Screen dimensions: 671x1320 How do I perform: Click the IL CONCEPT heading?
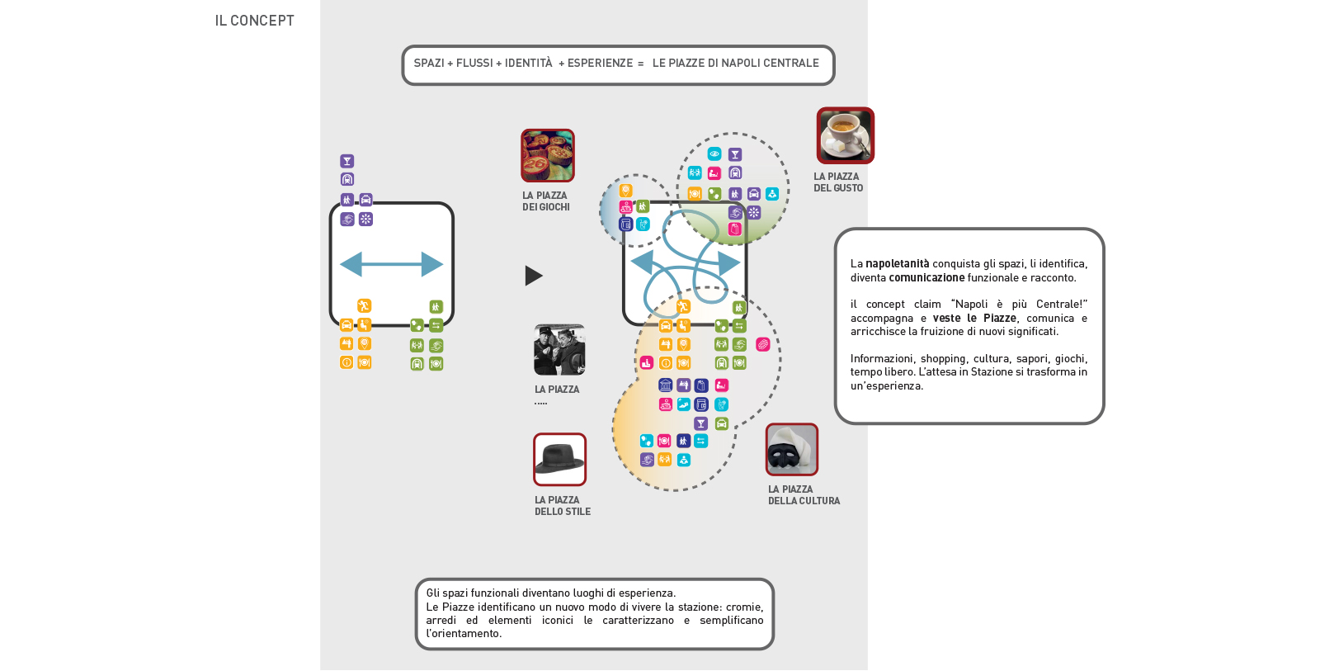254,21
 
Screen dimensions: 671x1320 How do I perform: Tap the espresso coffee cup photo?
845,135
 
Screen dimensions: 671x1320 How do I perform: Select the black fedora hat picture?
559,459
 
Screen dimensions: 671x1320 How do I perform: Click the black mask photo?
791,450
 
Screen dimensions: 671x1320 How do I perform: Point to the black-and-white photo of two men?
559,349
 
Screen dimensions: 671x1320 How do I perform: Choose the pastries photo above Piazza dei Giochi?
547,155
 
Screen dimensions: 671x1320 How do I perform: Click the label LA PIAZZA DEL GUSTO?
837,182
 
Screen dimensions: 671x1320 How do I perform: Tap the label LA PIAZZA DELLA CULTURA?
804,495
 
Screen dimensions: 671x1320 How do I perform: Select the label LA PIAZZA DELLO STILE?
562,506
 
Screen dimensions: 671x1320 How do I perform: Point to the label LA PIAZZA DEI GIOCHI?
545,201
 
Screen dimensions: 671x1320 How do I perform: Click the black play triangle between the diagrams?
533,276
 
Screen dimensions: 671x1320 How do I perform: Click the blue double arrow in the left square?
392,264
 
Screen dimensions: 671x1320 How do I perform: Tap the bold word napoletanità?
897,264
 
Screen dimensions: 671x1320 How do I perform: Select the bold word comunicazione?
926,278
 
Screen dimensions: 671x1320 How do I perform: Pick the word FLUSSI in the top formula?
474,64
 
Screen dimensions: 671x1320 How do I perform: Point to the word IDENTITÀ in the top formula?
528,64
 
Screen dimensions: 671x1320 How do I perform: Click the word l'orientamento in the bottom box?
464,634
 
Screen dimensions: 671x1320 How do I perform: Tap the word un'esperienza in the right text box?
886,386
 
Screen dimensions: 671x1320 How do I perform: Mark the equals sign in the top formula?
640,64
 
